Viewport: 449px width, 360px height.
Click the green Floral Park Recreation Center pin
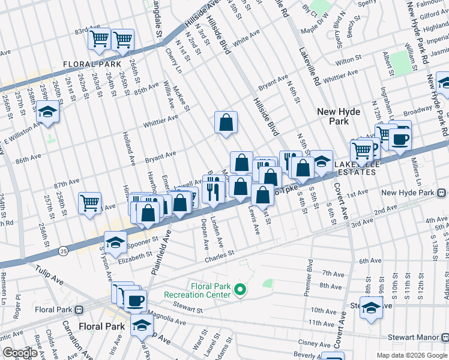click(x=240, y=290)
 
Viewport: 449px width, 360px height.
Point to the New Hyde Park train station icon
click(x=441, y=193)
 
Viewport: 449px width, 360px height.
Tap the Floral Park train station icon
click(x=79, y=310)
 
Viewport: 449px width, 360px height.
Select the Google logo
click(x=20, y=353)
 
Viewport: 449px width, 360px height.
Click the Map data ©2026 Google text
click(x=411, y=355)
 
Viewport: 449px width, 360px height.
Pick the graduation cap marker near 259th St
click(x=47, y=112)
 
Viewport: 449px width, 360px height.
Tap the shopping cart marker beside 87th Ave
click(x=90, y=203)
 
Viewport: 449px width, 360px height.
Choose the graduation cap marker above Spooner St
click(x=115, y=242)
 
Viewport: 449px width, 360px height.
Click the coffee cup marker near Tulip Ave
click(x=135, y=299)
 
